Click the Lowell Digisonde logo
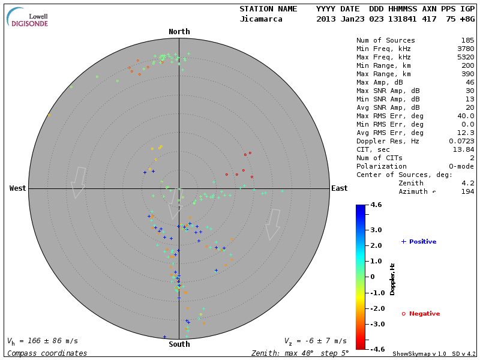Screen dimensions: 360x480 [28, 17]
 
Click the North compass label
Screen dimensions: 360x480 [179, 32]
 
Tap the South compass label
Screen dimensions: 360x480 [179, 344]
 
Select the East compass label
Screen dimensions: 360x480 [339, 188]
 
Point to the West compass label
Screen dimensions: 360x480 [18, 188]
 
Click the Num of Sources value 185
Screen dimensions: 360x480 [467, 41]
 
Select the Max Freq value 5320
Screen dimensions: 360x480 [465, 58]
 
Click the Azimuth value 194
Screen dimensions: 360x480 [467, 191]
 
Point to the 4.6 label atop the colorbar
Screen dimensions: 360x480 [376, 205]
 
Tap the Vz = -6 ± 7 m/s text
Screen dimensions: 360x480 [315, 341]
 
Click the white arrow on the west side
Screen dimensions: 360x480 [78, 182]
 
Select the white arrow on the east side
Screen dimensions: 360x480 [274, 224]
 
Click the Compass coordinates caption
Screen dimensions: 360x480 [47, 353]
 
